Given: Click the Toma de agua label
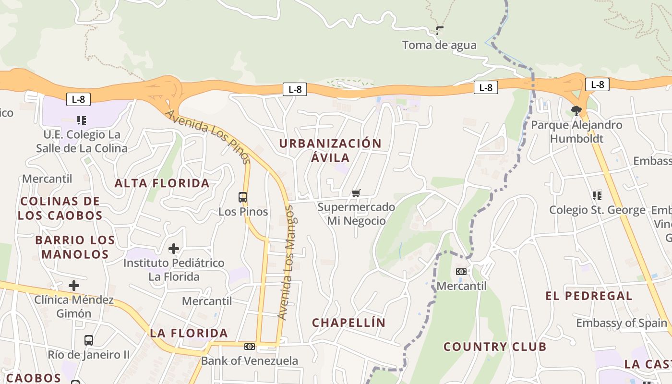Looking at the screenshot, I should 439,45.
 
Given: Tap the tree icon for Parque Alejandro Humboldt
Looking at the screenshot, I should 576,111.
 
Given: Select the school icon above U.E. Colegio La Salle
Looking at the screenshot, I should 81,120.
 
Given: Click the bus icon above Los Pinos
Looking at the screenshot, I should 243,197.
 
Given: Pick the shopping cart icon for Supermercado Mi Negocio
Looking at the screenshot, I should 356,193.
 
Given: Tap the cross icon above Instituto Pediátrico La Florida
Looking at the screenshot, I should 174,249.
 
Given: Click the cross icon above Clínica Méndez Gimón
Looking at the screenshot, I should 73,286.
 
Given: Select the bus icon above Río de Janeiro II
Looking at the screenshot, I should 89,340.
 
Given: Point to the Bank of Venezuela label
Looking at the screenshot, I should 250,360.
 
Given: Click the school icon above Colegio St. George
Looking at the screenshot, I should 597,195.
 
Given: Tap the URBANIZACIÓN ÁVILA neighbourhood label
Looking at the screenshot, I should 330,150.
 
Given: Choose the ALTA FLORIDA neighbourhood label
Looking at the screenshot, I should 162,183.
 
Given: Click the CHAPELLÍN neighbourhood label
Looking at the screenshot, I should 349,323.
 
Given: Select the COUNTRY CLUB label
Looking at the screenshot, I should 495,347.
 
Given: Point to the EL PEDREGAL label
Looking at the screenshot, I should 589,296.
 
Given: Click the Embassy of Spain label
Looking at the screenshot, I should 622,323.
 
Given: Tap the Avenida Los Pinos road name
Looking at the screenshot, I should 208,136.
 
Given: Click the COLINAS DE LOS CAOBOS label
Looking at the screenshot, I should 60,208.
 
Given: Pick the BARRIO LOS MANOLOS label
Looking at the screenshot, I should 75,247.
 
